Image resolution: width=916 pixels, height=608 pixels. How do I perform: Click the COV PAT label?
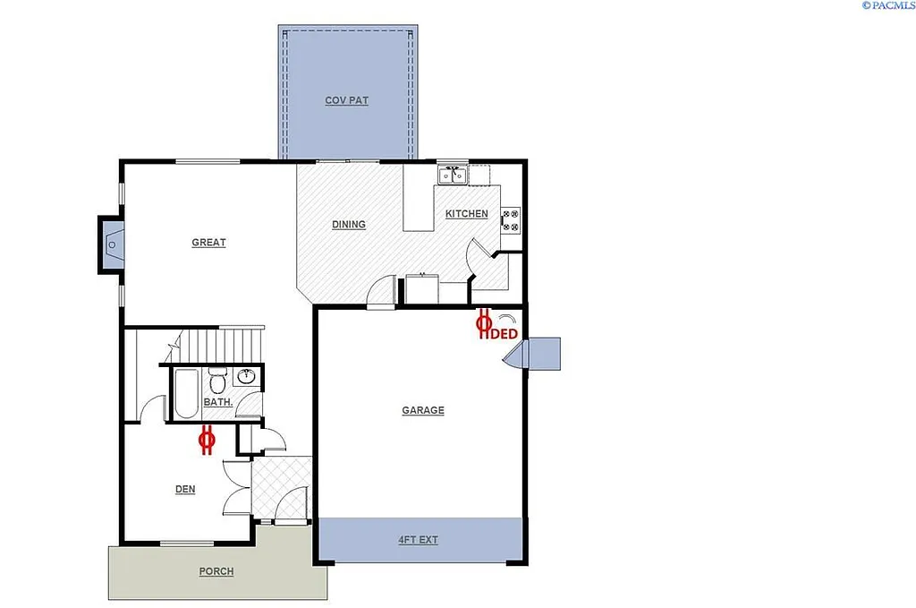point(346,100)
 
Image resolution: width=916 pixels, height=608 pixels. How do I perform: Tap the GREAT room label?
point(208,243)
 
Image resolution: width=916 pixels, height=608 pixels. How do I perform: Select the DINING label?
point(348,225)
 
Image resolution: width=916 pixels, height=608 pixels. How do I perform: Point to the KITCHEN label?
point(467,214)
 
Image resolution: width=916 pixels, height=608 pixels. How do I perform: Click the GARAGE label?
point(422,410)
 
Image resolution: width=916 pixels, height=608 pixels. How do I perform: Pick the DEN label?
point(185,489)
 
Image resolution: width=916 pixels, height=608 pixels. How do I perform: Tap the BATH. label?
point(218,403)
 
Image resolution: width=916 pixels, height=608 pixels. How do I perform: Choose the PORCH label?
point(216,571)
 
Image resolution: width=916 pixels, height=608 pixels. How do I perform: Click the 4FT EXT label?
point(418,540)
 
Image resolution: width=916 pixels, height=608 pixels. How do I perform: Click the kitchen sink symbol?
point(452,174)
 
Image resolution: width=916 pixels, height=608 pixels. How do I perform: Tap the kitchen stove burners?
point(510,219)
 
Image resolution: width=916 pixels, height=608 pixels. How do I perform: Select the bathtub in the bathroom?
point(185,394)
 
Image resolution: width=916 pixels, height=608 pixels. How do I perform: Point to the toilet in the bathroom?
point(216,378)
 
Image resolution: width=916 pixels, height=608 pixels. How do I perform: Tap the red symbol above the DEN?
point(207,441)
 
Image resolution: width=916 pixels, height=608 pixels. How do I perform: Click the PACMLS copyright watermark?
point(887,5)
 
